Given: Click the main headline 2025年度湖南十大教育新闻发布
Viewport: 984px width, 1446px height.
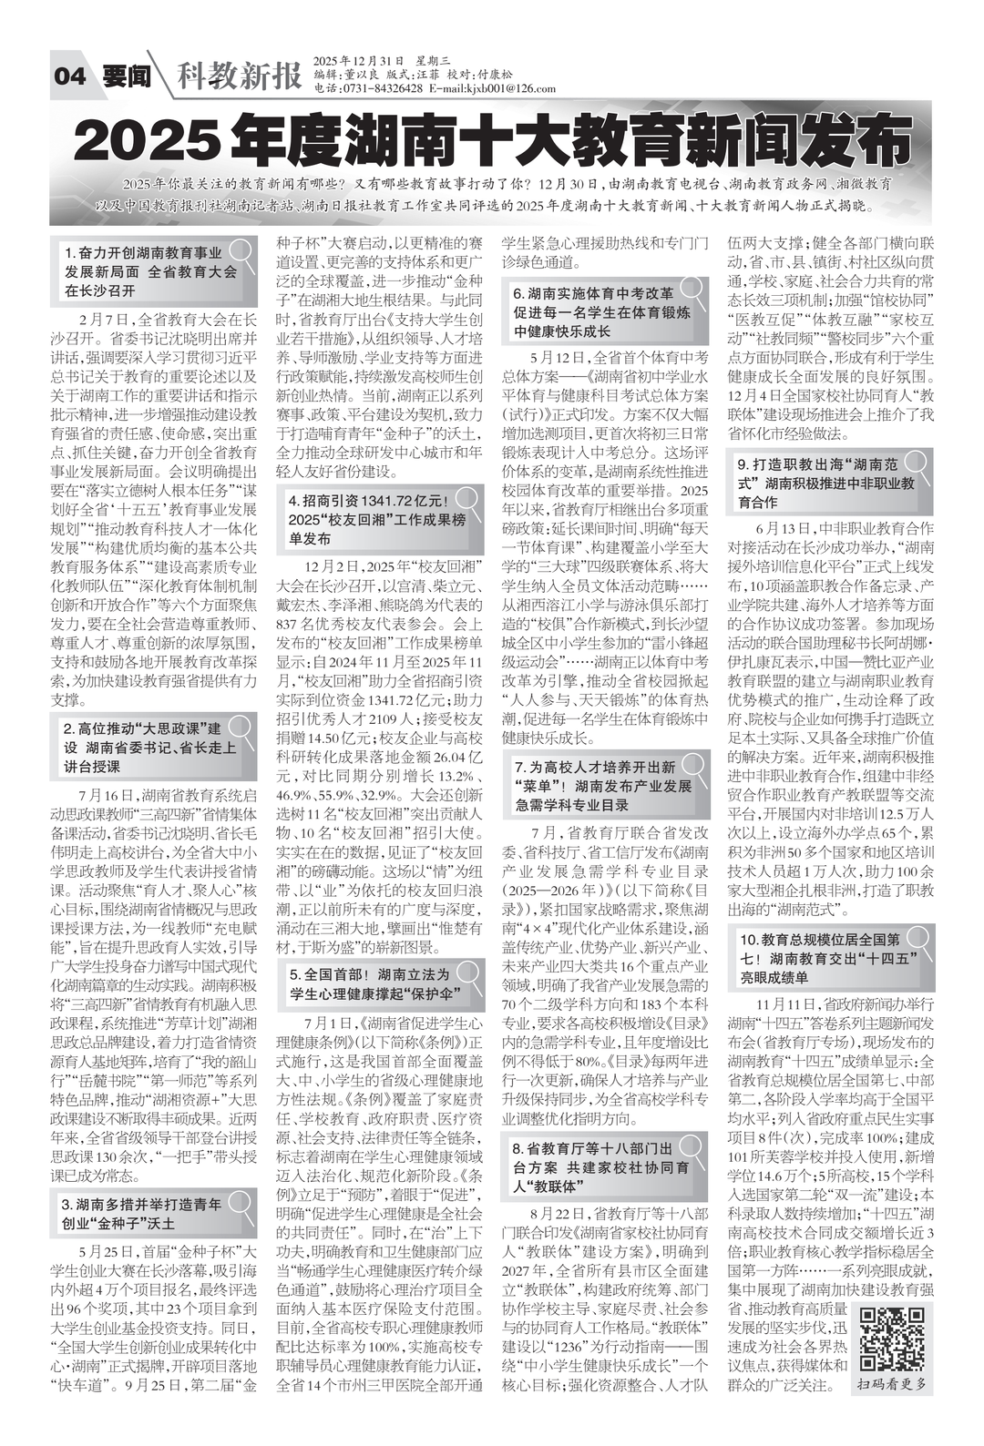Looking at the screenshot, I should pos(492,139).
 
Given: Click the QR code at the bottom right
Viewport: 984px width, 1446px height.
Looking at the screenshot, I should pos(893,1338).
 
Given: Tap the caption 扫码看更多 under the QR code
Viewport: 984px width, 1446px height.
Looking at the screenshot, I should pos(895,1383).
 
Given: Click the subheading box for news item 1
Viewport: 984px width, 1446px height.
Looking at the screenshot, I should pos(150,271).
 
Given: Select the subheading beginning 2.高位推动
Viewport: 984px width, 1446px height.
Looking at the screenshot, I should pos(150,748).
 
